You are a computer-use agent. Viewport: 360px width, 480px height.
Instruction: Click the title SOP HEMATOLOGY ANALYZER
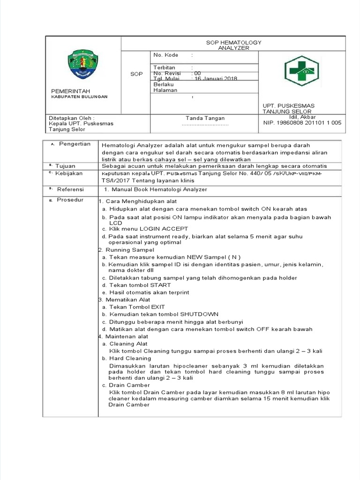[x=234, y=45]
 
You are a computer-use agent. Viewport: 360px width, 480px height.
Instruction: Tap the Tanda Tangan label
[x=205, y=118]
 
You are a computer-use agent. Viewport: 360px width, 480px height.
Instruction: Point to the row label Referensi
[x=71, y=189]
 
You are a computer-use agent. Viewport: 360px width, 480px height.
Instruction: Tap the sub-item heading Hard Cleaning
[x=130, y=358]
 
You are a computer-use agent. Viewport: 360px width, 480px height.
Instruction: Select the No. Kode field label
[x=163, y=55]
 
